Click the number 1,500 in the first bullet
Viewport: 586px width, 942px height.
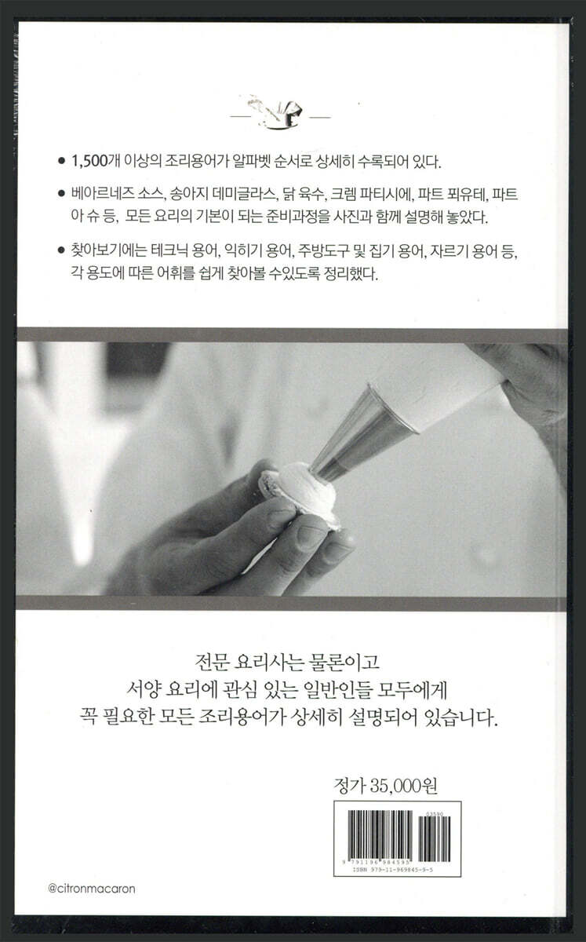click(x=90, y=162)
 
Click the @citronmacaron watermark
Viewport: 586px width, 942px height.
click(x=92, y=889)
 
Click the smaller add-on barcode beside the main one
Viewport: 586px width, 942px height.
click(x=435, y=839)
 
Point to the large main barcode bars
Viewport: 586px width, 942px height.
click(x=380, y=835)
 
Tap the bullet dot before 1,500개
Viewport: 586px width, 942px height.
click(x=61, y=162)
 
